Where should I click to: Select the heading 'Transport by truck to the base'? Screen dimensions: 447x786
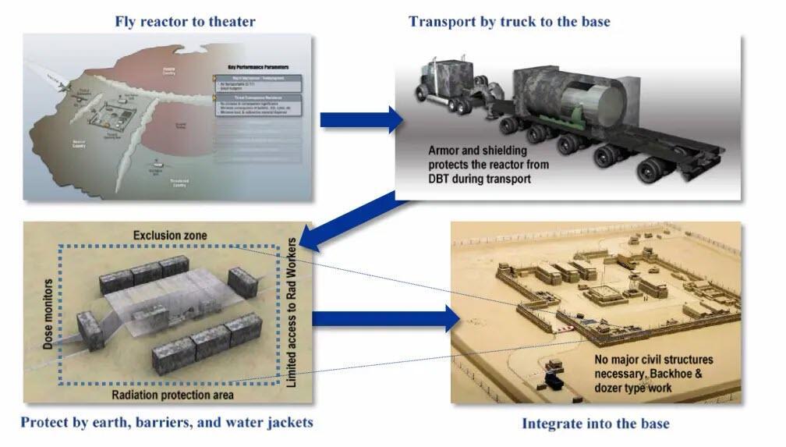[x=509, y=21]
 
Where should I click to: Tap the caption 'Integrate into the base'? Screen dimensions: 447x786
[x=595, y=424]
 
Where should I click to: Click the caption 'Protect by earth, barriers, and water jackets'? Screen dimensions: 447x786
[x=167, y=422]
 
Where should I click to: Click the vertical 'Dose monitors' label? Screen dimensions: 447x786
[x=48, y=313]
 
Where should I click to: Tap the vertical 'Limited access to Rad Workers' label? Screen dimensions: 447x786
[x=292, y=313]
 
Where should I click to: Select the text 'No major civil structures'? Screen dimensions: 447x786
[x=653, y=360]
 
